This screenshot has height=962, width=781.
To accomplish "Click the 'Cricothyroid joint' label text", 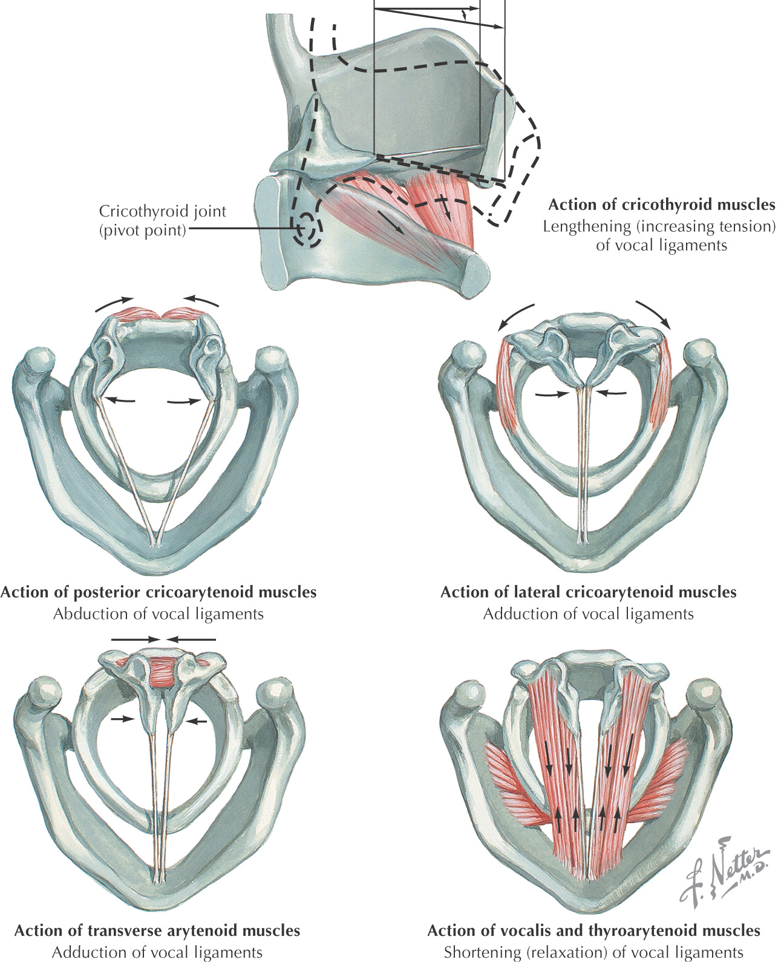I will pos(162,212).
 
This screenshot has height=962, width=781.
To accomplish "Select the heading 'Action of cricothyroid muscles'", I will pos(661,205).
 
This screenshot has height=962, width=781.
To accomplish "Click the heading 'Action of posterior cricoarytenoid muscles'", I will pos(158,592).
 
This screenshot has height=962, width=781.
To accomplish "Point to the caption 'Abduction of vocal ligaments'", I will pos(158,614).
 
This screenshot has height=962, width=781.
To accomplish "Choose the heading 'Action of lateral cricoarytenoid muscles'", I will pos(588,592).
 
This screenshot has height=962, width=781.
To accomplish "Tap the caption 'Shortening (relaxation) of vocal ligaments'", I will pos(593,951).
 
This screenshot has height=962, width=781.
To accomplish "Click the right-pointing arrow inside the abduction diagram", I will pos(184,401).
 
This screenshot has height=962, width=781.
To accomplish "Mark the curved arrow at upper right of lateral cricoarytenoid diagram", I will pos(653,312).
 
